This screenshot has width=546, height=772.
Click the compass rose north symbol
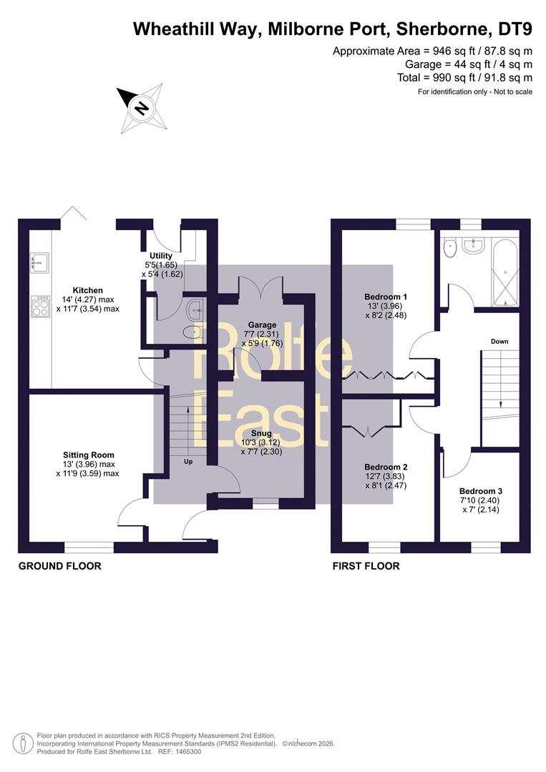pos(142,109)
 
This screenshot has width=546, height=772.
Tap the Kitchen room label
pos(88,290)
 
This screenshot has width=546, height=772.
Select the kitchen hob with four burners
pos(40,306)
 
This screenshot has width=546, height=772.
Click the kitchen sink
pos(39,262)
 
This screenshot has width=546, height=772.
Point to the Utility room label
pos(161,255)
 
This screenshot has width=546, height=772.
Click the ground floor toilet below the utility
pos(192,333)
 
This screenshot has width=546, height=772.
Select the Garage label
pos(262,325)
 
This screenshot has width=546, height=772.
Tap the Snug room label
pos(262,433)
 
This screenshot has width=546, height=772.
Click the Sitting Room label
pos(89,455)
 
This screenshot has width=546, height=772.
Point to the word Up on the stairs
pos(188,462)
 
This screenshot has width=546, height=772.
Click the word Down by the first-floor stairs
pos(499,341)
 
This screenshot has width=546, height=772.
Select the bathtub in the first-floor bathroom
pos(505,272)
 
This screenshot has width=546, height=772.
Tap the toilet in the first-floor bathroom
pos(449,247)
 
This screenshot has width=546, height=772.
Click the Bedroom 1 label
pos(386,297)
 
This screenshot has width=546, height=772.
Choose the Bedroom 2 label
pos(386,467)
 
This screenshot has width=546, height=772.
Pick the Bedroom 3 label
pos(481,491)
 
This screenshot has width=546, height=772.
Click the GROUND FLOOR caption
pos(60,566)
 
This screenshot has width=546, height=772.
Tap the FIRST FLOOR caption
pos(366,566)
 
